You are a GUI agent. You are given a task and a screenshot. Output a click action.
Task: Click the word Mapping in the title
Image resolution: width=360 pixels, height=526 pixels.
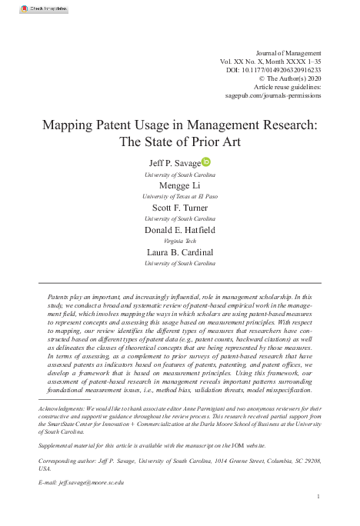67,125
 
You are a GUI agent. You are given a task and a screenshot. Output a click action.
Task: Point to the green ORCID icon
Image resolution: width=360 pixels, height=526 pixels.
205,162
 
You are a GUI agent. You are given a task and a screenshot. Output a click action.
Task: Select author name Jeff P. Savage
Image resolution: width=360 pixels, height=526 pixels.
175,163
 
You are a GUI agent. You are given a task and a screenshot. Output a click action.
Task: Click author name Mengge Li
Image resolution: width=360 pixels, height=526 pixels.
180,185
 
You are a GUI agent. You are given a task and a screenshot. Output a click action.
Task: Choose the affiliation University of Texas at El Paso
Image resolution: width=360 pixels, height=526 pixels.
180,197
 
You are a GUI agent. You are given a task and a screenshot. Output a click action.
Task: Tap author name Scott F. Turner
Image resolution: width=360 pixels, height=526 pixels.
180,208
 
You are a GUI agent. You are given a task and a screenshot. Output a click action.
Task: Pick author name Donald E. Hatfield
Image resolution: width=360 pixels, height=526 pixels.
180,231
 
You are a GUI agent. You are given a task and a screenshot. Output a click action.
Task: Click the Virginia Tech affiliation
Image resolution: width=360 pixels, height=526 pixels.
180,241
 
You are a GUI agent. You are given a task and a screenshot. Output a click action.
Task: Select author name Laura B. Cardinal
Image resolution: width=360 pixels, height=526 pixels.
180,253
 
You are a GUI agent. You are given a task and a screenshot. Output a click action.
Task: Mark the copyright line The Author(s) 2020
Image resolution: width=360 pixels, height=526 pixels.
290,78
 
